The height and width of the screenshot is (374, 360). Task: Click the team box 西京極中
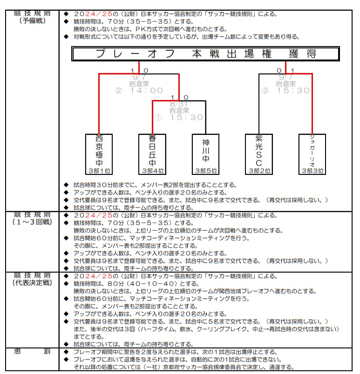coord(99,154)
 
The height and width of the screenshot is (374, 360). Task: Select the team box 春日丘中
coord(152,154)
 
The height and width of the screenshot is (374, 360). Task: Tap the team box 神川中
coord(205,154)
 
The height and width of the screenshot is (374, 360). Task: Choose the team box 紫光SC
coord(259,154)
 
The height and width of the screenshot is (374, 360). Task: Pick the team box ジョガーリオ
coord(312,154)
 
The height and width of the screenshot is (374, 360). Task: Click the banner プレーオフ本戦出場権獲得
coord(205,53)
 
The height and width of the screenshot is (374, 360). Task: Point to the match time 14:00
coord(146,90)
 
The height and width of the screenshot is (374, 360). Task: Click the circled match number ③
coord(265,90)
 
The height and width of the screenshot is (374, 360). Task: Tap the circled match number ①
coord(158,117)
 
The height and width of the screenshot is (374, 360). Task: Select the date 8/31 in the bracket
coord(178,104)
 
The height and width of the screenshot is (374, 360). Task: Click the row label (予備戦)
coord(33,21)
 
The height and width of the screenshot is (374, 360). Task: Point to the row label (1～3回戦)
coord(32,222)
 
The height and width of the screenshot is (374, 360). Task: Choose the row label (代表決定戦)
coord(32,283)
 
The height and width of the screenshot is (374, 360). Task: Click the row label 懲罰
coord(32,351)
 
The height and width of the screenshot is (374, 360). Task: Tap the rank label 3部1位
coord(99,171)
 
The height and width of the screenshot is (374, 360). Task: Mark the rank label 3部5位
coord(206,171)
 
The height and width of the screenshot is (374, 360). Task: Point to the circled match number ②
coord(119,90)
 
